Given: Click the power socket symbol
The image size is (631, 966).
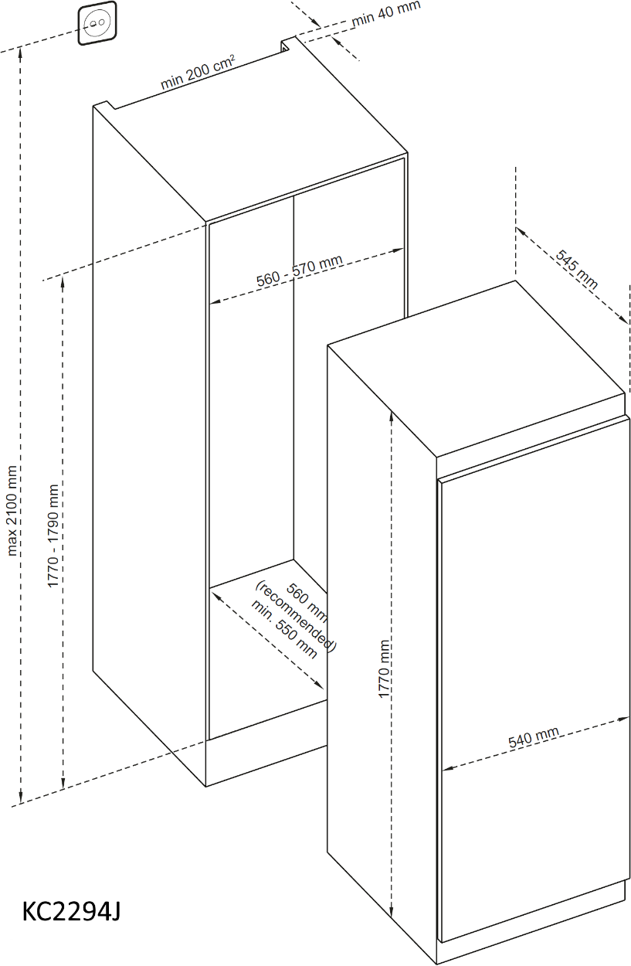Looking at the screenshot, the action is point(97,23).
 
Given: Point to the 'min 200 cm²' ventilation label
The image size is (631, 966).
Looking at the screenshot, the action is point(198,73).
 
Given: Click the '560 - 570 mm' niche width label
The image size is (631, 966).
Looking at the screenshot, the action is point(300,270).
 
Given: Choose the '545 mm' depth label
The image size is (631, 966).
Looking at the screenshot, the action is point(576,270).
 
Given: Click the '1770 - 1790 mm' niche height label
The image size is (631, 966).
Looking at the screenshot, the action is point(53,536).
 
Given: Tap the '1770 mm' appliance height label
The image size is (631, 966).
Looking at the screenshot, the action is point(384,669).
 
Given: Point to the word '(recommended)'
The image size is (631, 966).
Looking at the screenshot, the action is point(296,616).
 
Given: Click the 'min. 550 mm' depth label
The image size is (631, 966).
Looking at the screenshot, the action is point(284,629).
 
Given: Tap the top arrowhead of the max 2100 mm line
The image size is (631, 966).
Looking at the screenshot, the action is point(20,53).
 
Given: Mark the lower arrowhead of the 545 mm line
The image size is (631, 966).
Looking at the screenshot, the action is point(623,320).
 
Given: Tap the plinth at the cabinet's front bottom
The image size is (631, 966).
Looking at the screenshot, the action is point(266,763).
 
